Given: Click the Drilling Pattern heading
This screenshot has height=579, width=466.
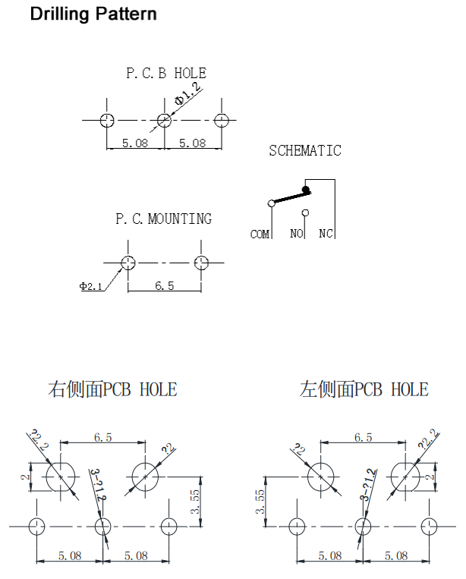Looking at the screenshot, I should (93, 14).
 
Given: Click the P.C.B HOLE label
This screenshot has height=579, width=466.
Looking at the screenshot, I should (165, 74).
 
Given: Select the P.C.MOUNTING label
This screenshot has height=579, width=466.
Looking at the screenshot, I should (163, 219).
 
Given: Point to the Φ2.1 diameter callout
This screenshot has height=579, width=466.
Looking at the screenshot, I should (90, 286).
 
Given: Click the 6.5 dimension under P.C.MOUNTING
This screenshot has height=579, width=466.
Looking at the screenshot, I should (164, 285).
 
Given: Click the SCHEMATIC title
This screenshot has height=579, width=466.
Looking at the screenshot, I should (305, 150).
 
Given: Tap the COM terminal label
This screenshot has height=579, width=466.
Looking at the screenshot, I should (260, 234).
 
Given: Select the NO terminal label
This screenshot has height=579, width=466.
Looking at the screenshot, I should (296, 234).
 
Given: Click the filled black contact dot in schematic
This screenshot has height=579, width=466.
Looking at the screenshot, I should (306, 190).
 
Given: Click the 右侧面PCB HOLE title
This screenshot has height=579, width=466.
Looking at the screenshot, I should (112, 389).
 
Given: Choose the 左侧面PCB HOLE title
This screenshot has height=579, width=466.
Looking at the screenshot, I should (364, 389).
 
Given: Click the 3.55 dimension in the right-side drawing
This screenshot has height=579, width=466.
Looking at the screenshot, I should (195, 502).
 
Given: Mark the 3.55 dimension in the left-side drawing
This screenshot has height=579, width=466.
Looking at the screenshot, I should (260, 502).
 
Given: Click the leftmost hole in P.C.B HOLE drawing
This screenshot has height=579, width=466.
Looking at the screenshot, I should (108, 120).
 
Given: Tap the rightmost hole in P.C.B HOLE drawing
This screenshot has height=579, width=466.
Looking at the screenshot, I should (222, 120).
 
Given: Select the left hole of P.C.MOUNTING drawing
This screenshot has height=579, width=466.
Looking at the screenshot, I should (128, 263).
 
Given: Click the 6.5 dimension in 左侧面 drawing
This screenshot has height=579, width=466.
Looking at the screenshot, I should (363, 438).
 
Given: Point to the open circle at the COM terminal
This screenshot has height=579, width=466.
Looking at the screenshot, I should (271, 203).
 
